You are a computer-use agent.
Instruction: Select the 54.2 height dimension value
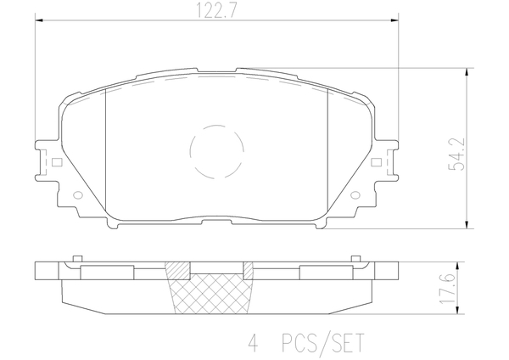click(456, 154)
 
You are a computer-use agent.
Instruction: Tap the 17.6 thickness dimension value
click(449, 288)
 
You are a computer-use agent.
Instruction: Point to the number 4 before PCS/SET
click(253, 343)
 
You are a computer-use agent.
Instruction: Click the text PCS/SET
click(322, 343)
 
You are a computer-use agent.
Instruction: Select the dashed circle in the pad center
click(216, 152)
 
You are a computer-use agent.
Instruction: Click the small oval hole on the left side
click(78, 195)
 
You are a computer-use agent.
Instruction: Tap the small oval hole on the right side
click(355, 195)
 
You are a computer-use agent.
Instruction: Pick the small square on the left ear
click(57, 162)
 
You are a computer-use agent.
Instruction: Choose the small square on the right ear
click(376, 162)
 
